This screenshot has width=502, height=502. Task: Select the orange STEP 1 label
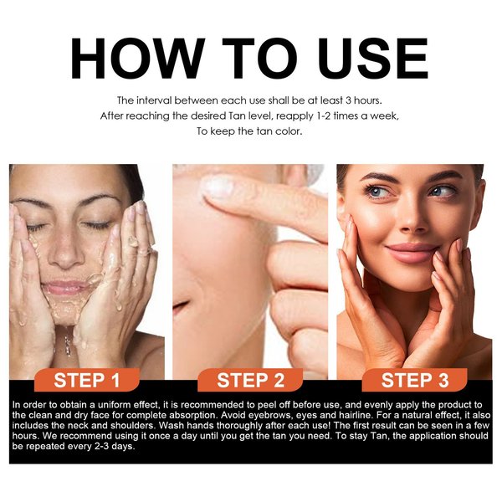pos(92,381)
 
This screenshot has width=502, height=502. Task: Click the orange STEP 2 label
pos(251,381)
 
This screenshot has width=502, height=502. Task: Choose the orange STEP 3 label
pos(415,381)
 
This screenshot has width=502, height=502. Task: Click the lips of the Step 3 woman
pos(411,251)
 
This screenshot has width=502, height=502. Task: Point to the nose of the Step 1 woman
pos(67,255)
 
